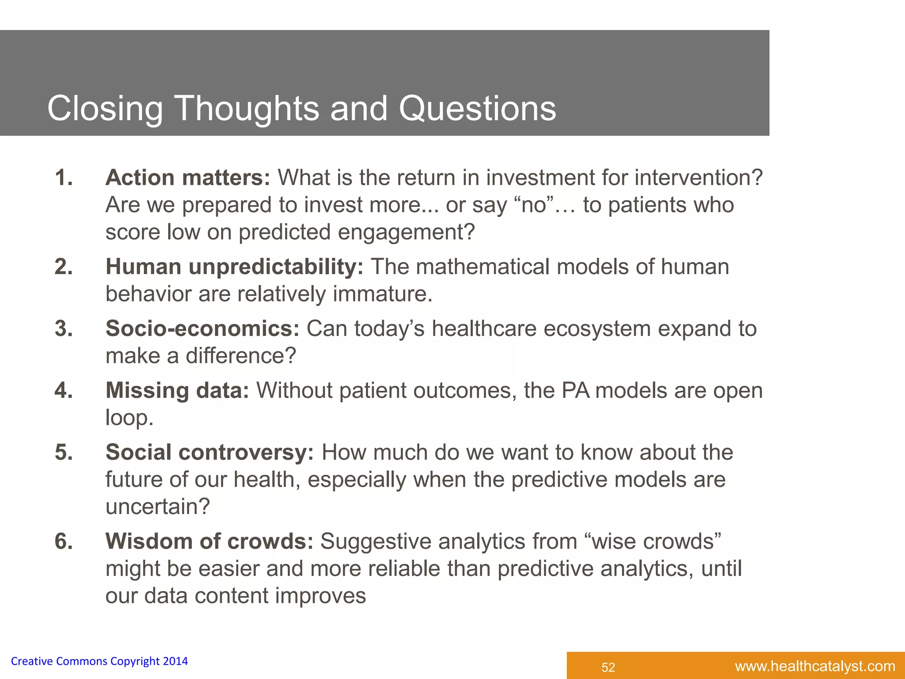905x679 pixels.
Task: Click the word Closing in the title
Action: (105, 109)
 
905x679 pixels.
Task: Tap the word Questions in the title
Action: (477, 109)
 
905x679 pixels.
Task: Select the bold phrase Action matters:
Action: (187, 178)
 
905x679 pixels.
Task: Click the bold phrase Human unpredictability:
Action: (234, 267)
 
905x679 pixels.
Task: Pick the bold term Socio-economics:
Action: (202, 329)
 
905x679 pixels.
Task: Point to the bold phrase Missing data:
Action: (177, 391)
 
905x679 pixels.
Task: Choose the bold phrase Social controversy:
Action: (209, 453)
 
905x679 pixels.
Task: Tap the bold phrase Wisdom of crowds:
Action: (209, 542)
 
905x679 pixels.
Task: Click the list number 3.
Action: (64, 329)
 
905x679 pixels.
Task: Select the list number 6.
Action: (64, 542)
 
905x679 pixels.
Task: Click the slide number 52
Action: (608, 667)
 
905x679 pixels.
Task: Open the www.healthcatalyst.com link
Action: (815, 666)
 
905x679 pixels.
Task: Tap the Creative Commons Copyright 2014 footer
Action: (99, 661)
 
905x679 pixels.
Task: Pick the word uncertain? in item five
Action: (157, 507)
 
